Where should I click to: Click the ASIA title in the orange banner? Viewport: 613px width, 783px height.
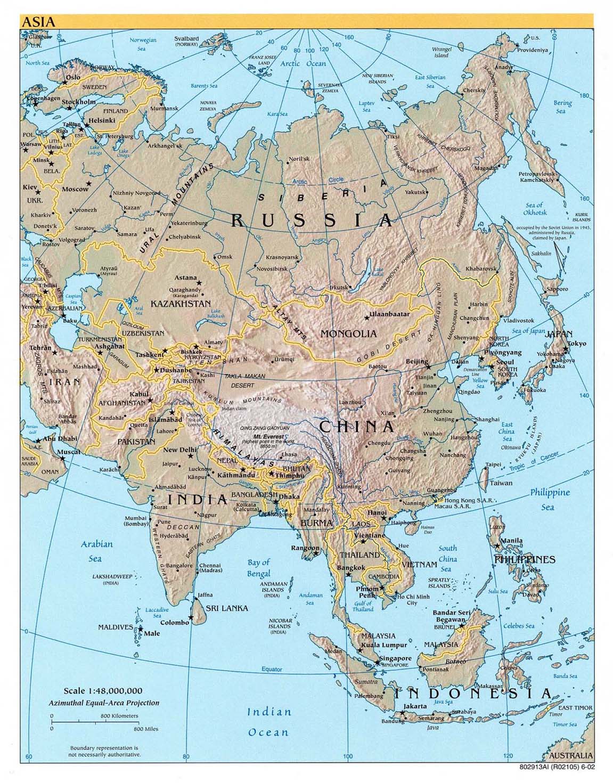[x=38, y=22]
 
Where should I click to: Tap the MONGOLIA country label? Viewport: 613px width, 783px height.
[x=348, y=334]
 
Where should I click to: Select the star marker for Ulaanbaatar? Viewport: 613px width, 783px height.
[x=366, y=318]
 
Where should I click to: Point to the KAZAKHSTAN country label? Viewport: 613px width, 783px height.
[x=181, y=304]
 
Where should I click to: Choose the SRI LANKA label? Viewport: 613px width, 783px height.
[x=227, y=608]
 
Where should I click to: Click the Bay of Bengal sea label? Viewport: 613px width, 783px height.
[x=259, y=568]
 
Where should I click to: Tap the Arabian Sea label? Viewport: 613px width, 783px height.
[x=97, y=551]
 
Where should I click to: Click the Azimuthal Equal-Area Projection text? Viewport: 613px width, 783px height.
[x=103, y=703]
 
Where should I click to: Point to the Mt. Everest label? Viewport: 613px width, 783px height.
[x=259, y=436]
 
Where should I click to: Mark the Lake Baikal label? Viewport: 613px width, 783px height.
[x=379, y=272]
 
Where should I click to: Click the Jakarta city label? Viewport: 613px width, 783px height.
[x=415, y=706]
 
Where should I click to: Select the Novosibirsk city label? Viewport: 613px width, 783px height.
[x=273, y=269]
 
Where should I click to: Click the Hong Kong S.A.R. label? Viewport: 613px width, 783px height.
[x=469, y=500]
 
